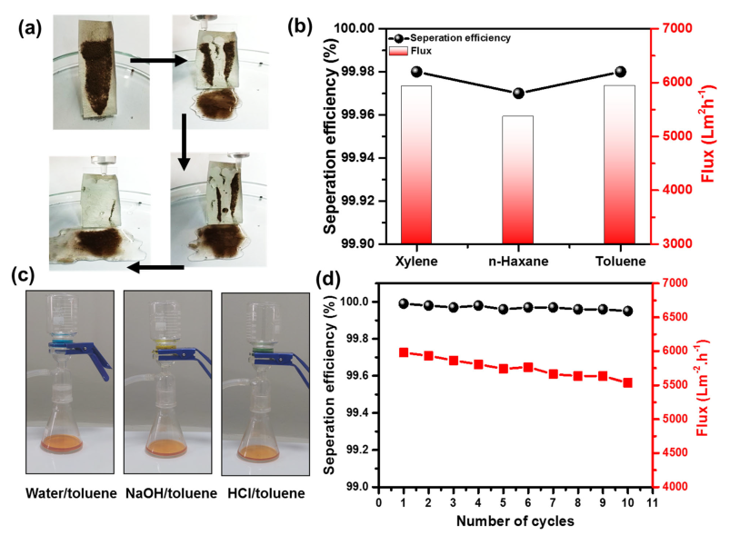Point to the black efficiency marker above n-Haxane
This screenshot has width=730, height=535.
(x=518, y=94)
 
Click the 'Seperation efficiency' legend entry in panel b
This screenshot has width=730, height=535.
(x=455, y=37)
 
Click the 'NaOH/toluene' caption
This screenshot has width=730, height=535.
(x=167, y=493)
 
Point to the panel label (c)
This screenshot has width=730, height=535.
(x=25, y=275)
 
